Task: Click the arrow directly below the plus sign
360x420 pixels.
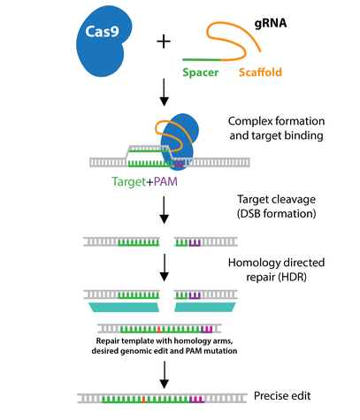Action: [x=165, y=91]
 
